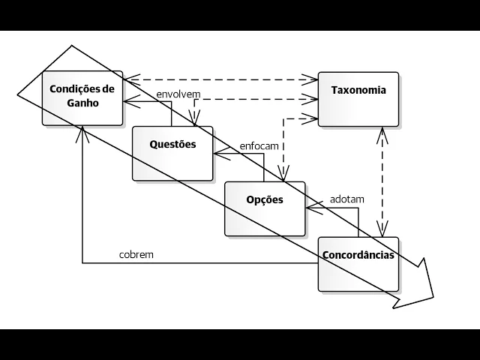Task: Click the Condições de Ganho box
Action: coord(82,98)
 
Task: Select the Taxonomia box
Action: coord(358,98)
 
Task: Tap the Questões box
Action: coord(172,153)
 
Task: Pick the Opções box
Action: coord(265,208)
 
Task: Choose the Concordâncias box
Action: coord(358,264)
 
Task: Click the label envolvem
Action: coord(177,94)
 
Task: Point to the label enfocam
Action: coord(259,145)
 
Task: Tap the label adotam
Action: coord(347,199)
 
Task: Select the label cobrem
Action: coord(136,254)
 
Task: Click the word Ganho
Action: coord(82,104)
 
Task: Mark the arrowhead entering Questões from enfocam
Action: coord(217,154)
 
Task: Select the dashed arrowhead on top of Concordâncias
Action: coord(384,233)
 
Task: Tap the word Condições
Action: coord(82,90)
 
